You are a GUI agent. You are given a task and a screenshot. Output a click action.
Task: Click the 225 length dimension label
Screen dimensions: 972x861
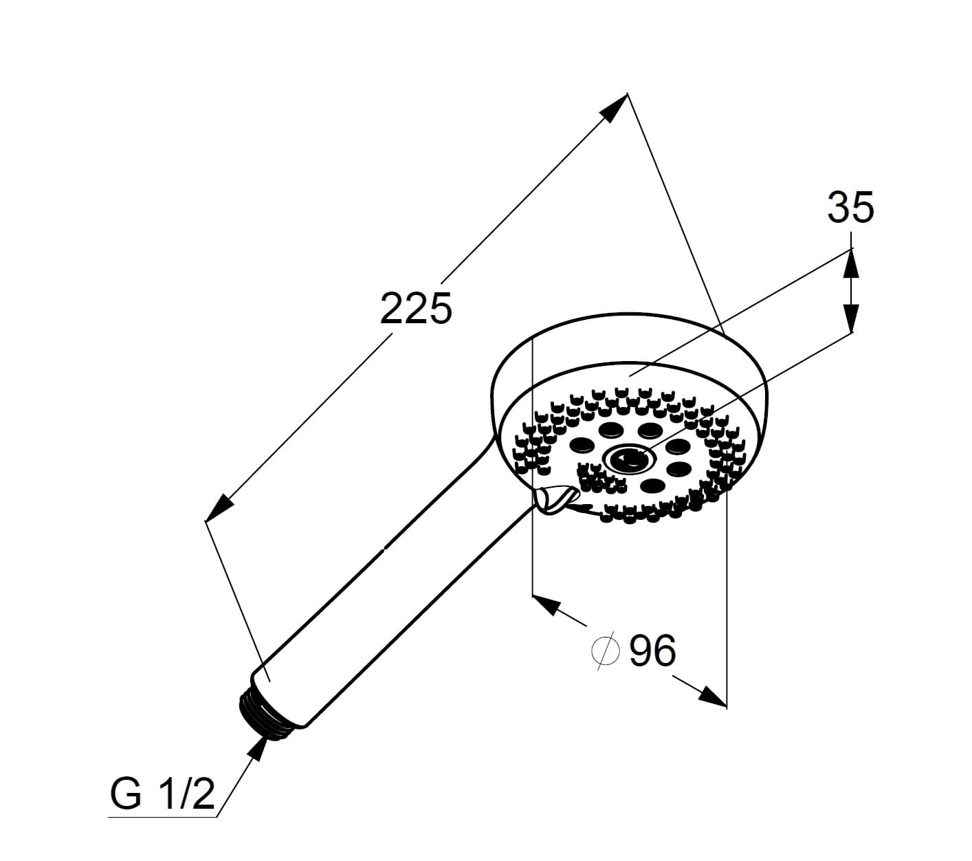coord(415,308)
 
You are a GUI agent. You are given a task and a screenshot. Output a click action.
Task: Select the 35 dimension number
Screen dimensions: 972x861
coord(850,207)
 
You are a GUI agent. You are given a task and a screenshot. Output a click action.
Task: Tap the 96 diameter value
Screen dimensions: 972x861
coord(652,651)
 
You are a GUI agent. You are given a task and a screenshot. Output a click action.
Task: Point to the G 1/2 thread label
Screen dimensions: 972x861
coord(162,794)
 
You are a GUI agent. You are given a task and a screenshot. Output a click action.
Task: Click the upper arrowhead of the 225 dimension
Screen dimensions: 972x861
coord(615,108)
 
